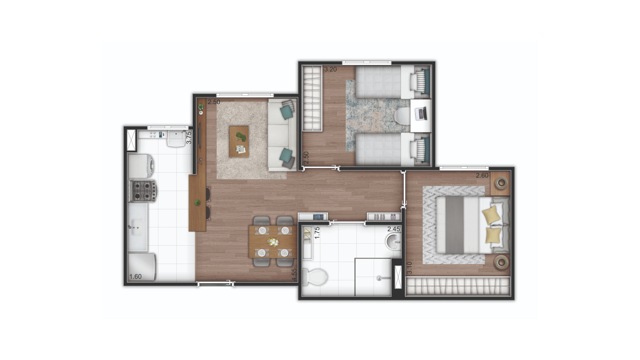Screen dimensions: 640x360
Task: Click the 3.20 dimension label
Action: point(330,70)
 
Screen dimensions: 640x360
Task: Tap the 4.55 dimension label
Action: point(294,275)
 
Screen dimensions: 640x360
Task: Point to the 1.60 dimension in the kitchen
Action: point(135,276)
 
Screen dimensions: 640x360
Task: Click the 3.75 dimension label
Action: point(189,138)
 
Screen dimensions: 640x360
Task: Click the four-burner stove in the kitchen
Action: point(143,191)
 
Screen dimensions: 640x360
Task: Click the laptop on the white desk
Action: point(421,113)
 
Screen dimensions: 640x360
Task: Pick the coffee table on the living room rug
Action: point(239,141)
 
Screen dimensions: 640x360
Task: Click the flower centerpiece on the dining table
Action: point(274,242)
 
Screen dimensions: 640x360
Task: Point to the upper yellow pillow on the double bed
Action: point(492,214)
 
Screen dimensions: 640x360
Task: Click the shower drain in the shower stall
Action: point(379,278)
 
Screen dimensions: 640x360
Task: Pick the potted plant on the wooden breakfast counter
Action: point(198,202)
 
